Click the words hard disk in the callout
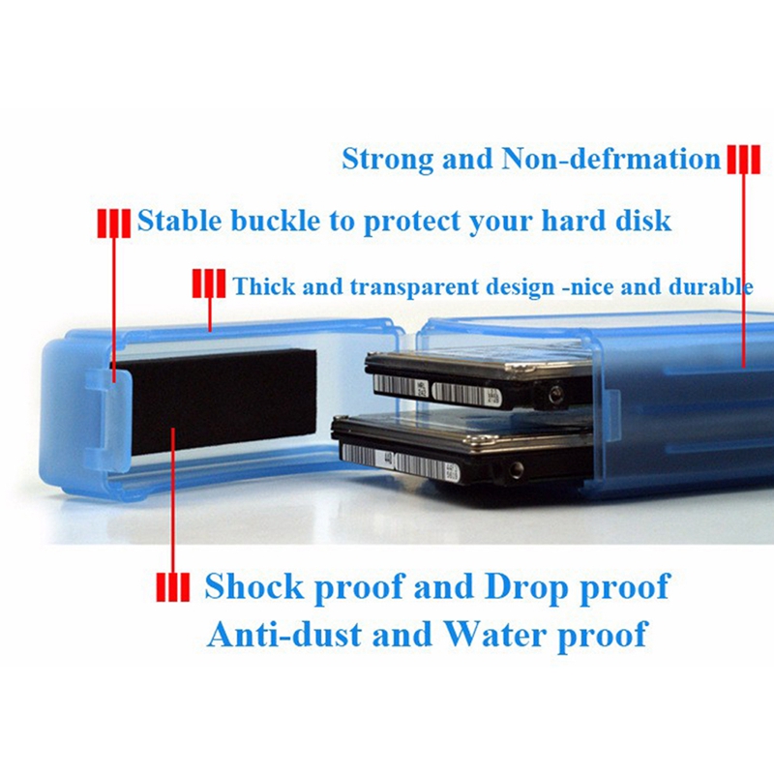click(x=613, y=221)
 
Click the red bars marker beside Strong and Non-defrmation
click(x=743, y=159)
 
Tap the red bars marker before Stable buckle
click(x=113, y=222)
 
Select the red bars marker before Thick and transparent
click(x=209, y=285)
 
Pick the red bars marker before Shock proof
click(x=173, y=587)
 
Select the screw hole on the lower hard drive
click(x=516, y=470)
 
